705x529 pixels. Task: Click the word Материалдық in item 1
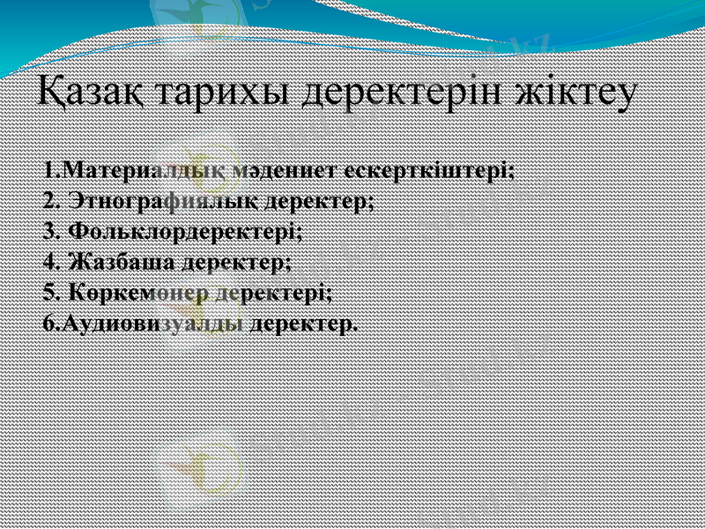145,170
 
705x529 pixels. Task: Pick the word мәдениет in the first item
286,170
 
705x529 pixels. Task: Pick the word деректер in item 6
304,323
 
